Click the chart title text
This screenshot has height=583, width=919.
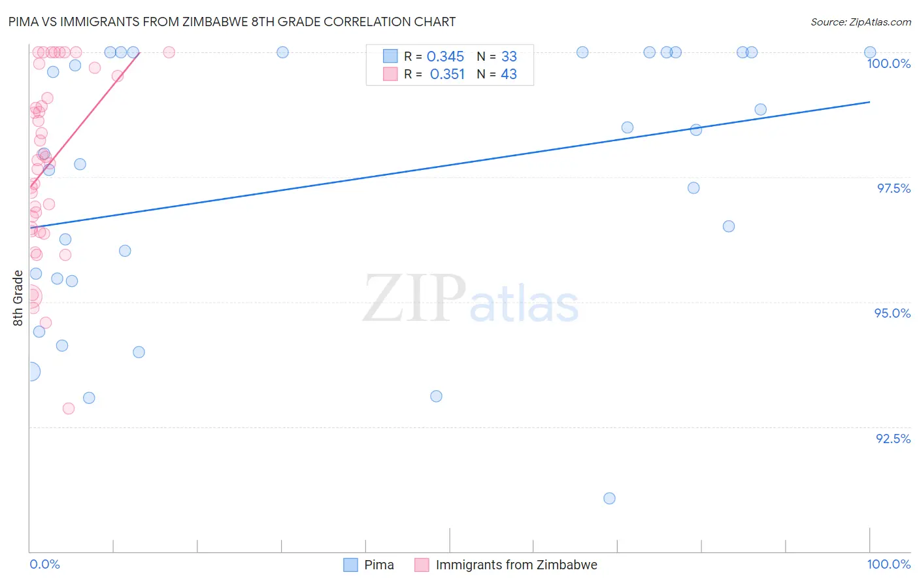click(x=232, y=22)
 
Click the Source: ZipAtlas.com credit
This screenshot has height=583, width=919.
click(x=860, y=22)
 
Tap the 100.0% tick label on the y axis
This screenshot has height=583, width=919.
click(x=888, y=63)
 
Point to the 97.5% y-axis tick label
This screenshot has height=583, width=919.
click(x=894, y=188)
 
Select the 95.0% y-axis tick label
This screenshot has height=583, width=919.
click(x=892, y=313)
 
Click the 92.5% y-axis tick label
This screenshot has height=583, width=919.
click(x=893, y=439)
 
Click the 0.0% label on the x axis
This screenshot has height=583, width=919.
click(x=44, y=564)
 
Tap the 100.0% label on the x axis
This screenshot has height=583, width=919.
click(x=888, y=564)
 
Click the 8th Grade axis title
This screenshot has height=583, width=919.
click(x=18, y=297)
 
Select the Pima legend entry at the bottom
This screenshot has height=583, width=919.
click(x=369, y=565)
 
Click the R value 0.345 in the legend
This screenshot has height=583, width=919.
click(x=445, y=57)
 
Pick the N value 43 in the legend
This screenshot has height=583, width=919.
click(x=509, y=75)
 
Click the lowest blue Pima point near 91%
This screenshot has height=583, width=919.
click(x=609, y=498)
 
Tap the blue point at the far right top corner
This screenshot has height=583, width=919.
click(x=870, y=52)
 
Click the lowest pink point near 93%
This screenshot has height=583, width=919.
click(x=69, y=408)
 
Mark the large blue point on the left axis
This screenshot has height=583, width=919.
click(x=31, y=372)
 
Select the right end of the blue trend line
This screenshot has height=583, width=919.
click(x=870, y=102)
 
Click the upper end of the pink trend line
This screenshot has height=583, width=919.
click(x=139, y=53)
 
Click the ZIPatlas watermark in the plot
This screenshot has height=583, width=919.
click(x=471, y=299)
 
